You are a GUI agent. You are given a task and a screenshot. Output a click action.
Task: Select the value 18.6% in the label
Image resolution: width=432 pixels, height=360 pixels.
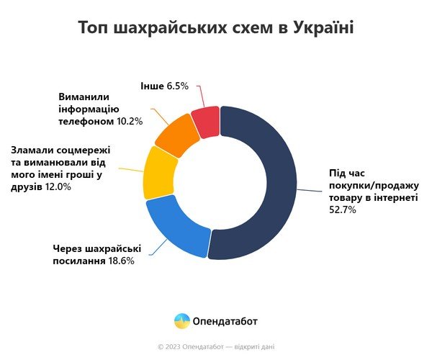(120, 261)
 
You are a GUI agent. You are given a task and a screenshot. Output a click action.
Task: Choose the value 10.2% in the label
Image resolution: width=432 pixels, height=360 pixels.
(128, 121)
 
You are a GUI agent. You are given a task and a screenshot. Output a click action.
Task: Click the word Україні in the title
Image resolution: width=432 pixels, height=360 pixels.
(320, 29)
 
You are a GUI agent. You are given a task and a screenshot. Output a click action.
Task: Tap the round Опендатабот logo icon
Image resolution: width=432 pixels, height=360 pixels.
(182, 320)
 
